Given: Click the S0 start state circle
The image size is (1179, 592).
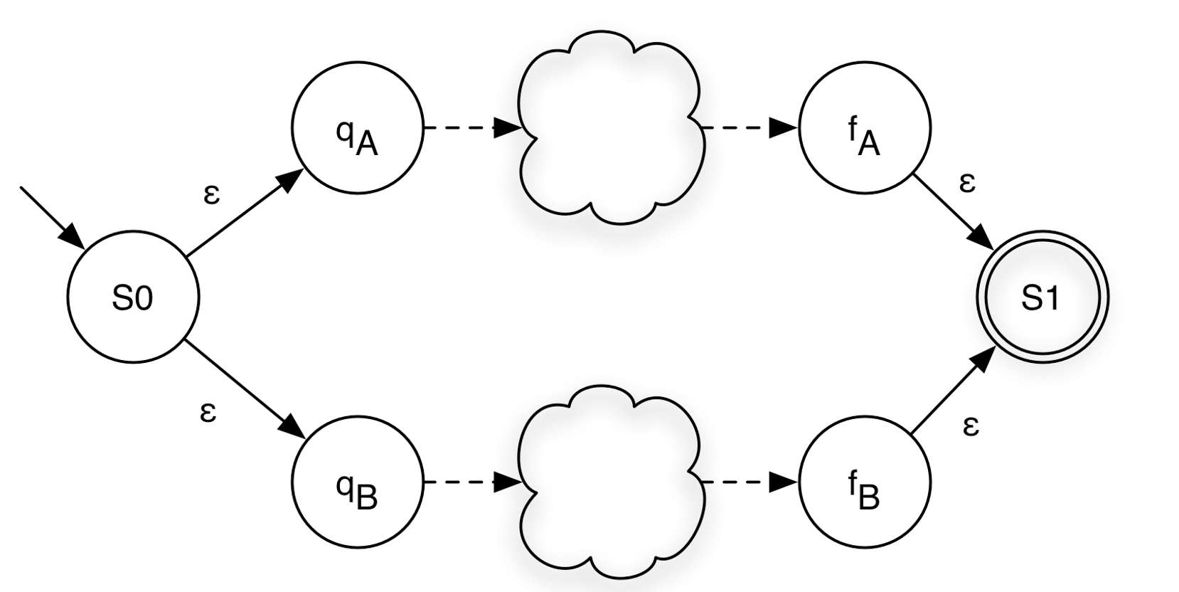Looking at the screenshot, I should click(133, 297).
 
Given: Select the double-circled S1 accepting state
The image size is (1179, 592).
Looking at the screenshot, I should click(1041, 297).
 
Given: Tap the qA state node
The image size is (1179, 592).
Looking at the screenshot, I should click(357, 128).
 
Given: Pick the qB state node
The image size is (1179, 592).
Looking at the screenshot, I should click(357, 482).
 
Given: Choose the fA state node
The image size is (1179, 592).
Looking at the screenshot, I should click(864, 128).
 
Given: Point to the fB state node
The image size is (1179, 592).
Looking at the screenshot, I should click(864, 482).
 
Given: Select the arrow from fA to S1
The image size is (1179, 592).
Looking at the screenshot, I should click(953, 211).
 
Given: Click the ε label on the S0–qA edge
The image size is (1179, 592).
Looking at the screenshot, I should click(211, 194).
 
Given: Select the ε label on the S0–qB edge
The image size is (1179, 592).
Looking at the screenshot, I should click(208, 412).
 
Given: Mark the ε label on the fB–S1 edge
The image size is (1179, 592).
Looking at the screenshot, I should click(971, 427).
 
